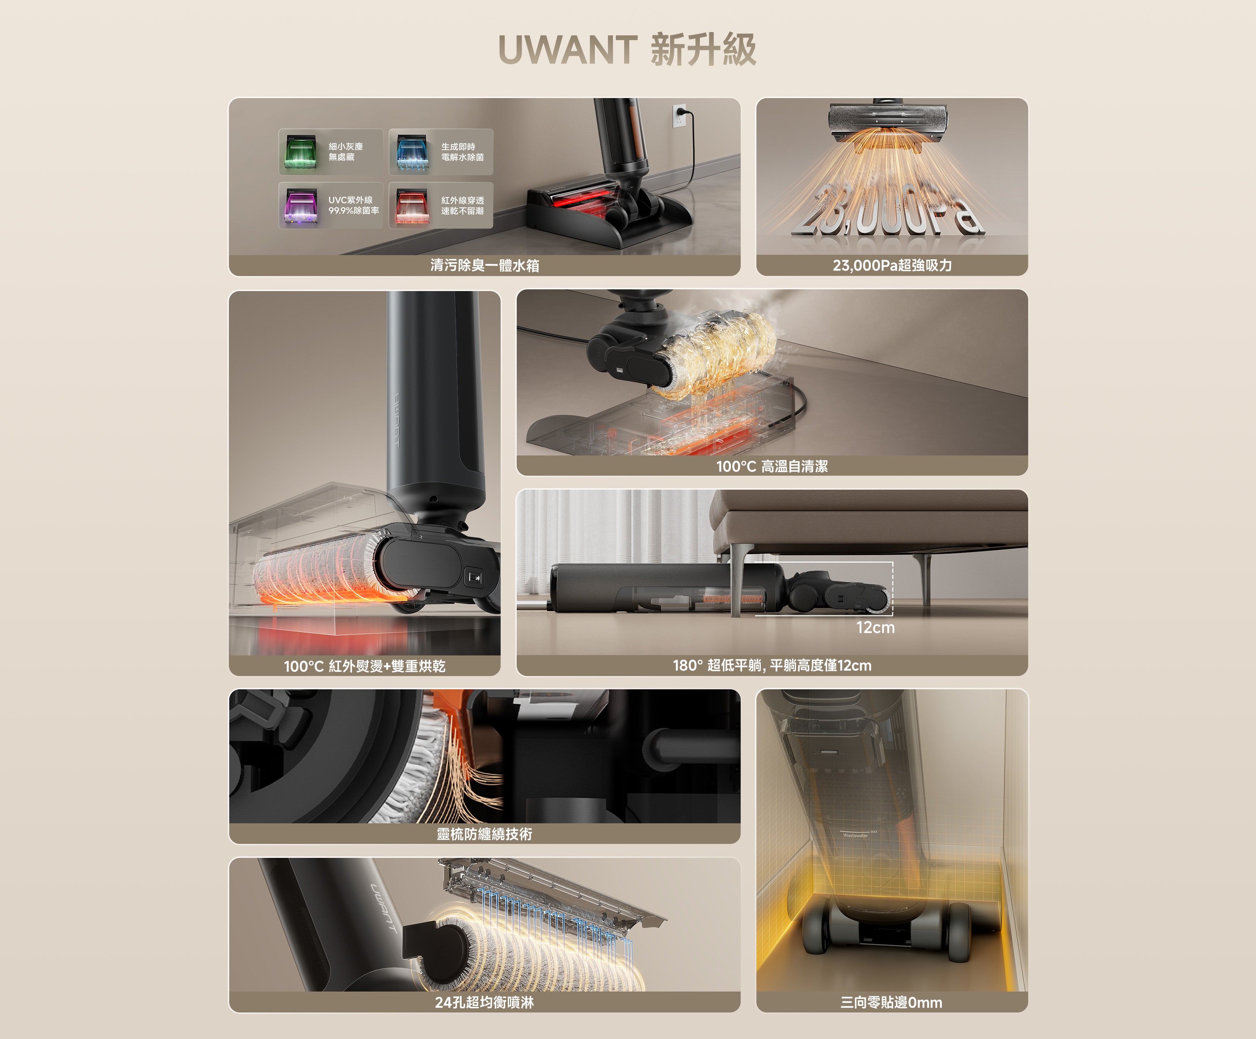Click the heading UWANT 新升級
627,49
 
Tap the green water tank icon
300,152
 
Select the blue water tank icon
412,152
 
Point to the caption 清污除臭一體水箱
485,265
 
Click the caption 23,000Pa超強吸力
892,265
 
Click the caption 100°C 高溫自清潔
771,466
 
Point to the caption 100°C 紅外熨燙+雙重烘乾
364,666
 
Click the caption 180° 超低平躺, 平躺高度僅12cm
771,665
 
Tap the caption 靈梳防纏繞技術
485,834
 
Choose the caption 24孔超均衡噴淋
485,1002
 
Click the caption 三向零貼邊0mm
891,1002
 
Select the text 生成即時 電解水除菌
462,152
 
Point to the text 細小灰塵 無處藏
346,152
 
